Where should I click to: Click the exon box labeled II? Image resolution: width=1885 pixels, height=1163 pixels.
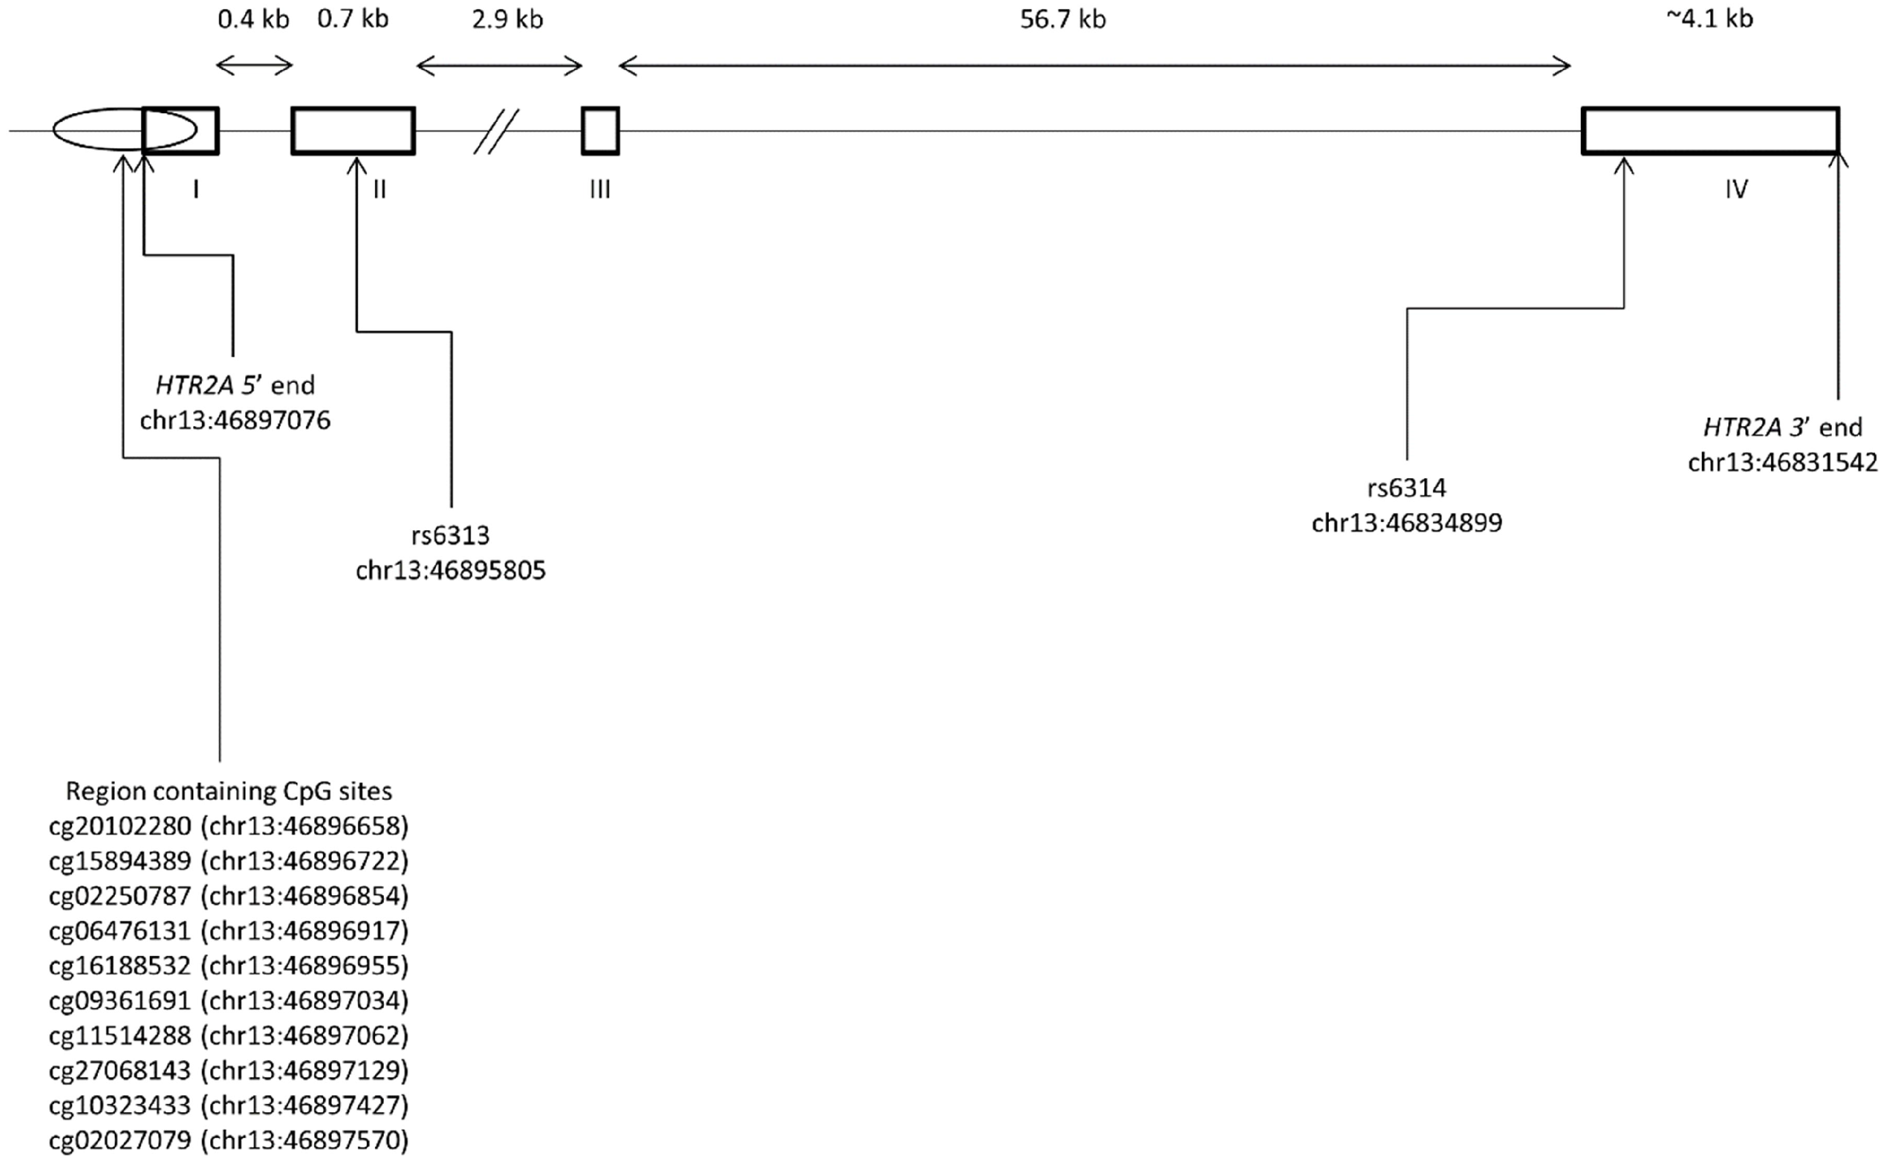click(353, 131)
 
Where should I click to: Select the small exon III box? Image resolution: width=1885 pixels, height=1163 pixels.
click(600, 131)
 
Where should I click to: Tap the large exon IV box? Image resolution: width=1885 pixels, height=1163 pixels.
click(1710, 131)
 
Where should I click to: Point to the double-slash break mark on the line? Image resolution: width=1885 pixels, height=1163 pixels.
click(496, 131)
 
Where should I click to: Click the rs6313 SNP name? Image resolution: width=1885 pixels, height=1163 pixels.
click(450, 535)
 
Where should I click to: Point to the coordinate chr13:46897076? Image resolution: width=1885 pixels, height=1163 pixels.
click(235, 420)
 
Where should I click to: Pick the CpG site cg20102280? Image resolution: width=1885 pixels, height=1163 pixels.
click(119, 826)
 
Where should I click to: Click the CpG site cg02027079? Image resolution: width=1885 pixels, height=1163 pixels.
click(119, 1140)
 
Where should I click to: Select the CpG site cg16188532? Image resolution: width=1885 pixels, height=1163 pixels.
click(119, 965)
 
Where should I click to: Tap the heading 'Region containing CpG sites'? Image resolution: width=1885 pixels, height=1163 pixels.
click(229, 791)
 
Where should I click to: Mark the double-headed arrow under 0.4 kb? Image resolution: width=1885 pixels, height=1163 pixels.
click(255, 65)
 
